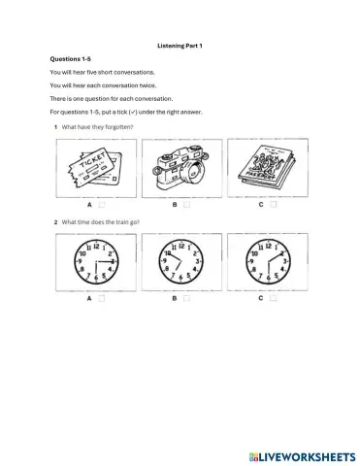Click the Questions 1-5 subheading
pos(71,58)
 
